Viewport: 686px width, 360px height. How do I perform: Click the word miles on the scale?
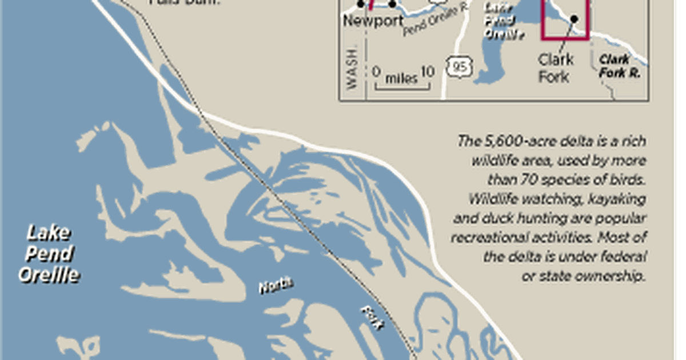[401, 78]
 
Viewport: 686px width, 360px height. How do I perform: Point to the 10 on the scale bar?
[427, 72]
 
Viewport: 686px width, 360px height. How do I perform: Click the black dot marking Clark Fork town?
[574, 19]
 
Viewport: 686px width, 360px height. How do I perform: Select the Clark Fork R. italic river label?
[620, 66]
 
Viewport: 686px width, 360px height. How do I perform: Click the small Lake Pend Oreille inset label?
[504, 21]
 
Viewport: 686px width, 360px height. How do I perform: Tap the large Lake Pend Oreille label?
[49, 254]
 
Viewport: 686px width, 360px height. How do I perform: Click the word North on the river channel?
[277, 286]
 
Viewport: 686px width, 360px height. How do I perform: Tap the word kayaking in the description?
[620, 199]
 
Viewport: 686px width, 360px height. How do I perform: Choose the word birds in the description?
[631, 179]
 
